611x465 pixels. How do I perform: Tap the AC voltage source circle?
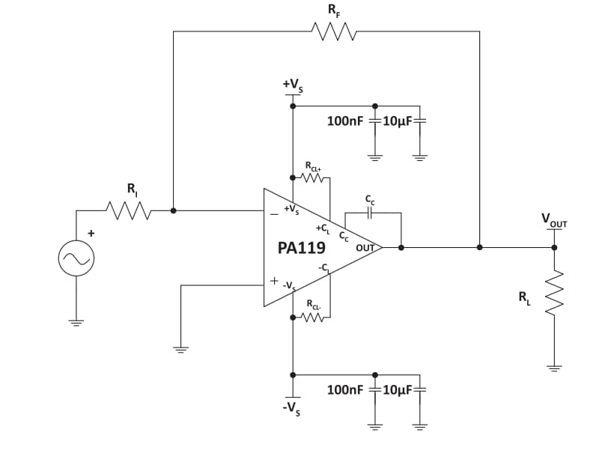76,259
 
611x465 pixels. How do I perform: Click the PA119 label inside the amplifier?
301,248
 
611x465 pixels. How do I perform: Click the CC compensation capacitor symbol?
368,213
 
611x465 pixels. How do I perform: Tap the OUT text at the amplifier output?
365,248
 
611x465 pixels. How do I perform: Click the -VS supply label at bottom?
293,410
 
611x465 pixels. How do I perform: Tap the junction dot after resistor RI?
173,211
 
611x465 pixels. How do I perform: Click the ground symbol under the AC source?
76,323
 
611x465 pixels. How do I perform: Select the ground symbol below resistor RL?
555,368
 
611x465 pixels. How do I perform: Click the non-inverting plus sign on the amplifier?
274,282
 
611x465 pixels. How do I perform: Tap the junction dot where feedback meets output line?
479,246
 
